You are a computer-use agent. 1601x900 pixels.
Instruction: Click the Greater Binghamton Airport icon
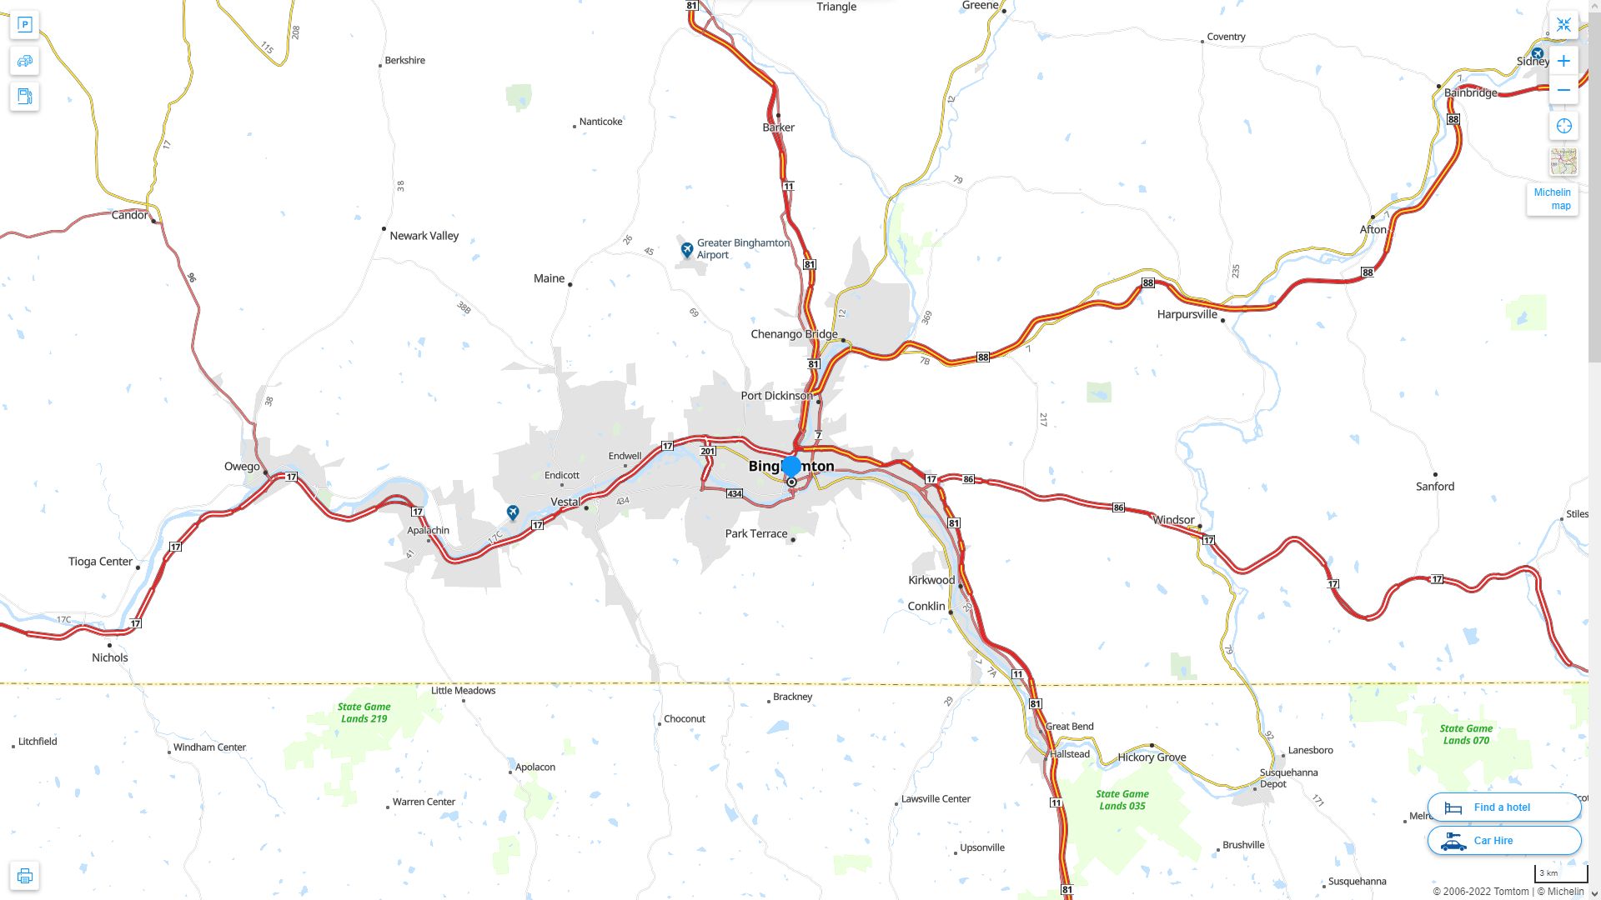[x=686, y=249]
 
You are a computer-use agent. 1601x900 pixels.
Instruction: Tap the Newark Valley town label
[x=424, y=236]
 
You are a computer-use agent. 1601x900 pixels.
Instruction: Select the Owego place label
[x=242, y=467]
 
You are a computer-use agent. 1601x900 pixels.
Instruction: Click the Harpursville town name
[x=1187, y=314]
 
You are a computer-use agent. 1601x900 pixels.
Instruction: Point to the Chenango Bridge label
[x=794, y=334]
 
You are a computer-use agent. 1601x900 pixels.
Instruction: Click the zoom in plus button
[x=1563, y=61]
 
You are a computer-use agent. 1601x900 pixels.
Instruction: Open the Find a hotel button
[x=1503, y=807]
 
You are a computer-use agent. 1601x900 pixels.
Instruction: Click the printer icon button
[x=24, y=876]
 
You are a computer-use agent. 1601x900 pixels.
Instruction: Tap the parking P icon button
[x=24, y=24]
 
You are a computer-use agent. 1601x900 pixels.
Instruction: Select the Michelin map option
[x=1552, y=198]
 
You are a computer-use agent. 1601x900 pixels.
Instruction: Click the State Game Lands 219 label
[x=364, y=712]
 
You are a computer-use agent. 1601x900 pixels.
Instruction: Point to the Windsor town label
[x=1173, y=520]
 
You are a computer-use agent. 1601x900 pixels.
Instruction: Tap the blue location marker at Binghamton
[x=791, y=467]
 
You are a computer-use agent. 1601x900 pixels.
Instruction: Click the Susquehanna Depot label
[x=1288, y=777]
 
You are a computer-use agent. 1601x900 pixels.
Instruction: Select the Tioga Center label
[x=100, y=562]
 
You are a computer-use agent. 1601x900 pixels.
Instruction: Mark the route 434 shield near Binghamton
[x=734, y=494]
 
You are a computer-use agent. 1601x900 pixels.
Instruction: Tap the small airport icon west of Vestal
[x=513, y=512]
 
